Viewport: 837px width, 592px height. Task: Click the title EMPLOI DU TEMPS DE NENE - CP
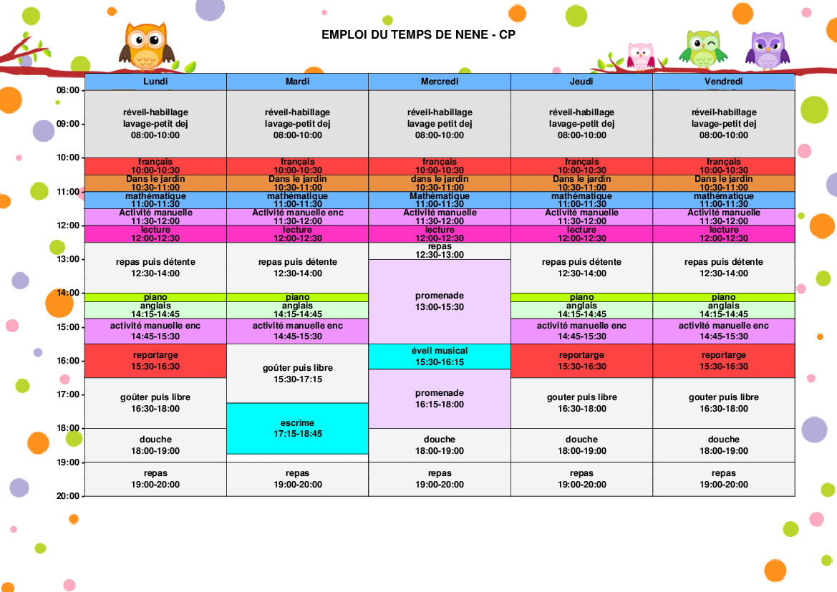click(418, 34)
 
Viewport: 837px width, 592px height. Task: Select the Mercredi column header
click(439, 82)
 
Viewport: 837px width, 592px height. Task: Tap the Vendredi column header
click(723, 82)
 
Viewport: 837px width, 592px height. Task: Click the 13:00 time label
click(68, 259)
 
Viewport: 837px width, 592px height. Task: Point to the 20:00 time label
click(68, 496)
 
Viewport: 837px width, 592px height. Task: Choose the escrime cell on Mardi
click(297, 428)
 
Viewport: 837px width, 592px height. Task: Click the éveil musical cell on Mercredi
click(440, 356)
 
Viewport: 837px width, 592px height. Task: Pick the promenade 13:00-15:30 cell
click(440, 301)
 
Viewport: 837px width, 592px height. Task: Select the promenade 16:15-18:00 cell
click(440, 399)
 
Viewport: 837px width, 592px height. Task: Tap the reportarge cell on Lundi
click(155, 360)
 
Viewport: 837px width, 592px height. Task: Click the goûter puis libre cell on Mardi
click(297, 373)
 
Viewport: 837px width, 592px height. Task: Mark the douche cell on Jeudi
click(581, 445)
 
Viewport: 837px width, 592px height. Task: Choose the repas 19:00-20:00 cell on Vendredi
click(723, 479)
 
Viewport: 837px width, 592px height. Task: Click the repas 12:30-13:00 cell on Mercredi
click(440, 251)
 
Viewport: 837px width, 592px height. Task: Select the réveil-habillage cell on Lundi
click(155, 123)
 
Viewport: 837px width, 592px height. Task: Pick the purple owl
click(768, 50)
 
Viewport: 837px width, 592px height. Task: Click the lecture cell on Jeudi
click(581, 234)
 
